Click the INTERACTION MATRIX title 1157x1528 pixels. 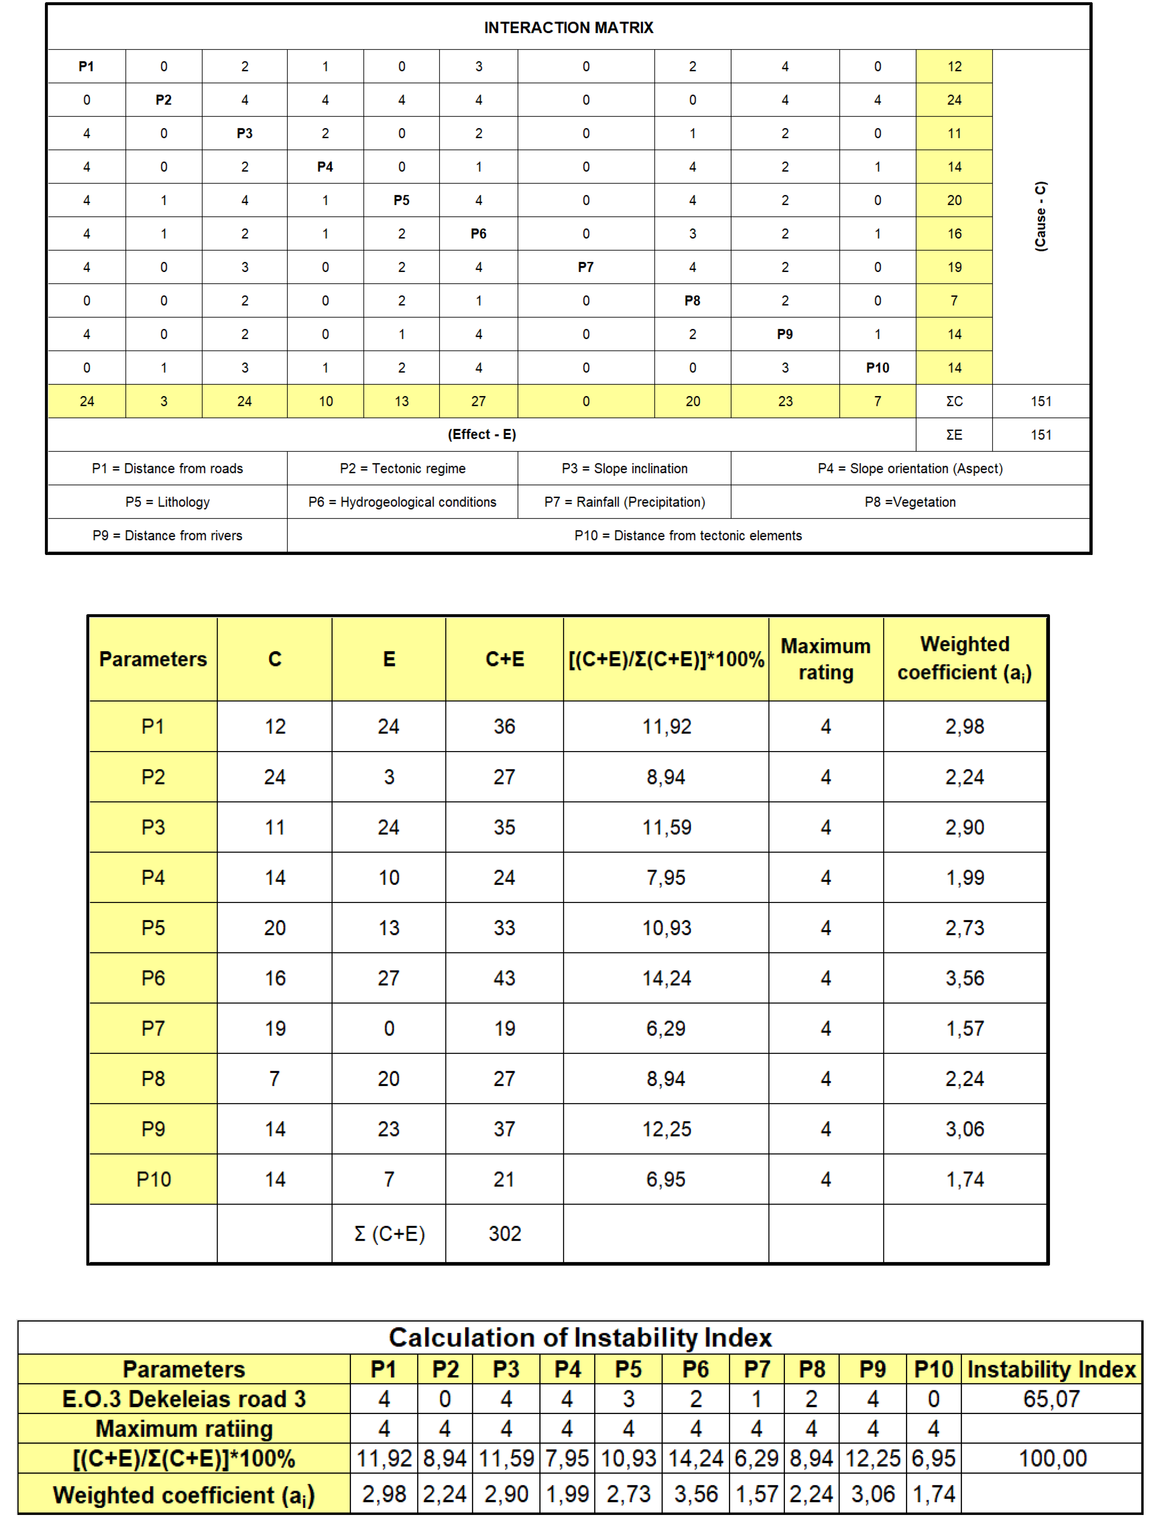[568, 28]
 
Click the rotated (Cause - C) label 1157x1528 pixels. [1040, 216]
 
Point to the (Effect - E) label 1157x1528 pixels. [482, 435]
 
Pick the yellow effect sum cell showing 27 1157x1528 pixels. [478, 401]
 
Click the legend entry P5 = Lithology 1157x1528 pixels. [167, 502]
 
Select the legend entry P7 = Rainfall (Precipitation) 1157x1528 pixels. [624, 502]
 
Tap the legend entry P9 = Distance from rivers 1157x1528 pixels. [167, 535]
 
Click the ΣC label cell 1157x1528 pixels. [954, 401]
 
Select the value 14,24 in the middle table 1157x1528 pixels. [666, 978]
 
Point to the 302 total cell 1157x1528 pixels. [505, 1234]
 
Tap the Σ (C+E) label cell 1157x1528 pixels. [389, 1234]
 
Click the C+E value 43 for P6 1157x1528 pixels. [505, 978]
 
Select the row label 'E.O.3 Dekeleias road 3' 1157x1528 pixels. [184, 1399]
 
